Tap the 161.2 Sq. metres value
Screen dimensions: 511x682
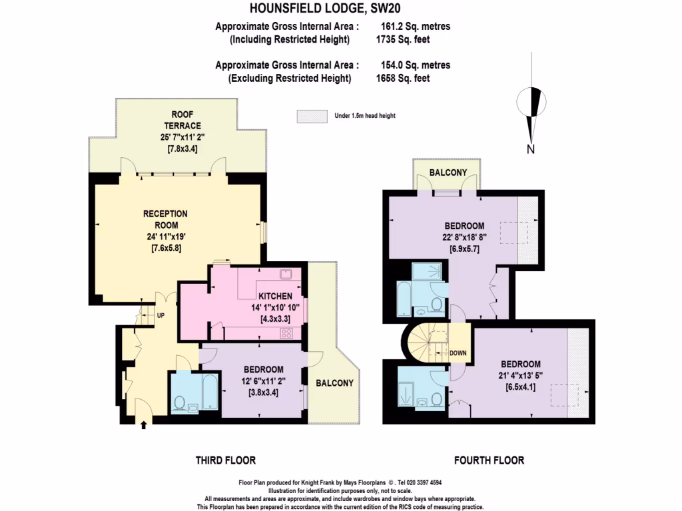coord(413,27)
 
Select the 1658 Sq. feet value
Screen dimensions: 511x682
coord(403,78)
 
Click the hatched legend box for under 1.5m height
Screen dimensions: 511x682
coord(312,116)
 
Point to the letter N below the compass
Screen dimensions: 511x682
coord(531,149)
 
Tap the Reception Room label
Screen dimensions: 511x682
coord(165,220)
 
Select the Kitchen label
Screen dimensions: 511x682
coord(275,296)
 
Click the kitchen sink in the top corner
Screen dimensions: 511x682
coord(287,274)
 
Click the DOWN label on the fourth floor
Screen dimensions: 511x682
coord(458,353)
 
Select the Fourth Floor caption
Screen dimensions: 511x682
coord(489,460)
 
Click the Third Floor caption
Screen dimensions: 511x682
coord(225,460)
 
